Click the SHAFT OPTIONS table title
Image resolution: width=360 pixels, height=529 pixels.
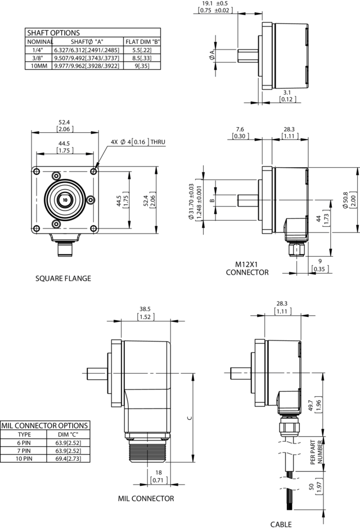tap(53, 33)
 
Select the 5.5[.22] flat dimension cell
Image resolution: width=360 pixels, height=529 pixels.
tap(142, 50)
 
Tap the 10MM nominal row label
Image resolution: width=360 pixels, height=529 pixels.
tap(39, 66)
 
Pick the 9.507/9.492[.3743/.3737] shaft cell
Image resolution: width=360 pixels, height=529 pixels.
tap(87, 58)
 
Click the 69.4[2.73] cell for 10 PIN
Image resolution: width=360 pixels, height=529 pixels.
tap(68, 459)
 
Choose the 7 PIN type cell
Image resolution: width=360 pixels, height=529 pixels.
tap(24, 451)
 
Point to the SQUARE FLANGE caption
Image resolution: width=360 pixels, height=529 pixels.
tap(64, 279)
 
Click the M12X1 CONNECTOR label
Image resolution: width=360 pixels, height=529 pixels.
tap(247, 268)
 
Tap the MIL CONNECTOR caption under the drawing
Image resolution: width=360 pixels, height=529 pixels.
tap(146, 498)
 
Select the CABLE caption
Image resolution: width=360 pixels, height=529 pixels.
tap(281, 524)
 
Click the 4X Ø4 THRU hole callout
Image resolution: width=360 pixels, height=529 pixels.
tap(138, 142)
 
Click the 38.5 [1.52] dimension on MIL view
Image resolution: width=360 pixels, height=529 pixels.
tap(145, 313)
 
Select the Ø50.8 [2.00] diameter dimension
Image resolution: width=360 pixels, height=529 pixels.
tap(349, 200)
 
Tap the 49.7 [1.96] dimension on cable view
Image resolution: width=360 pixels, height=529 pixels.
tap(314, 405)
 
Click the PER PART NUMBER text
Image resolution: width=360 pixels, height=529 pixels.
tap(316, 452)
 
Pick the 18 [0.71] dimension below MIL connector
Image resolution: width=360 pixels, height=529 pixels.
tap(158, 476)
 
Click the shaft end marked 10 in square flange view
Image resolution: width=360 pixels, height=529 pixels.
tap(65, 200)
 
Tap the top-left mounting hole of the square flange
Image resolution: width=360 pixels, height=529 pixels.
tap(37, 172)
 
